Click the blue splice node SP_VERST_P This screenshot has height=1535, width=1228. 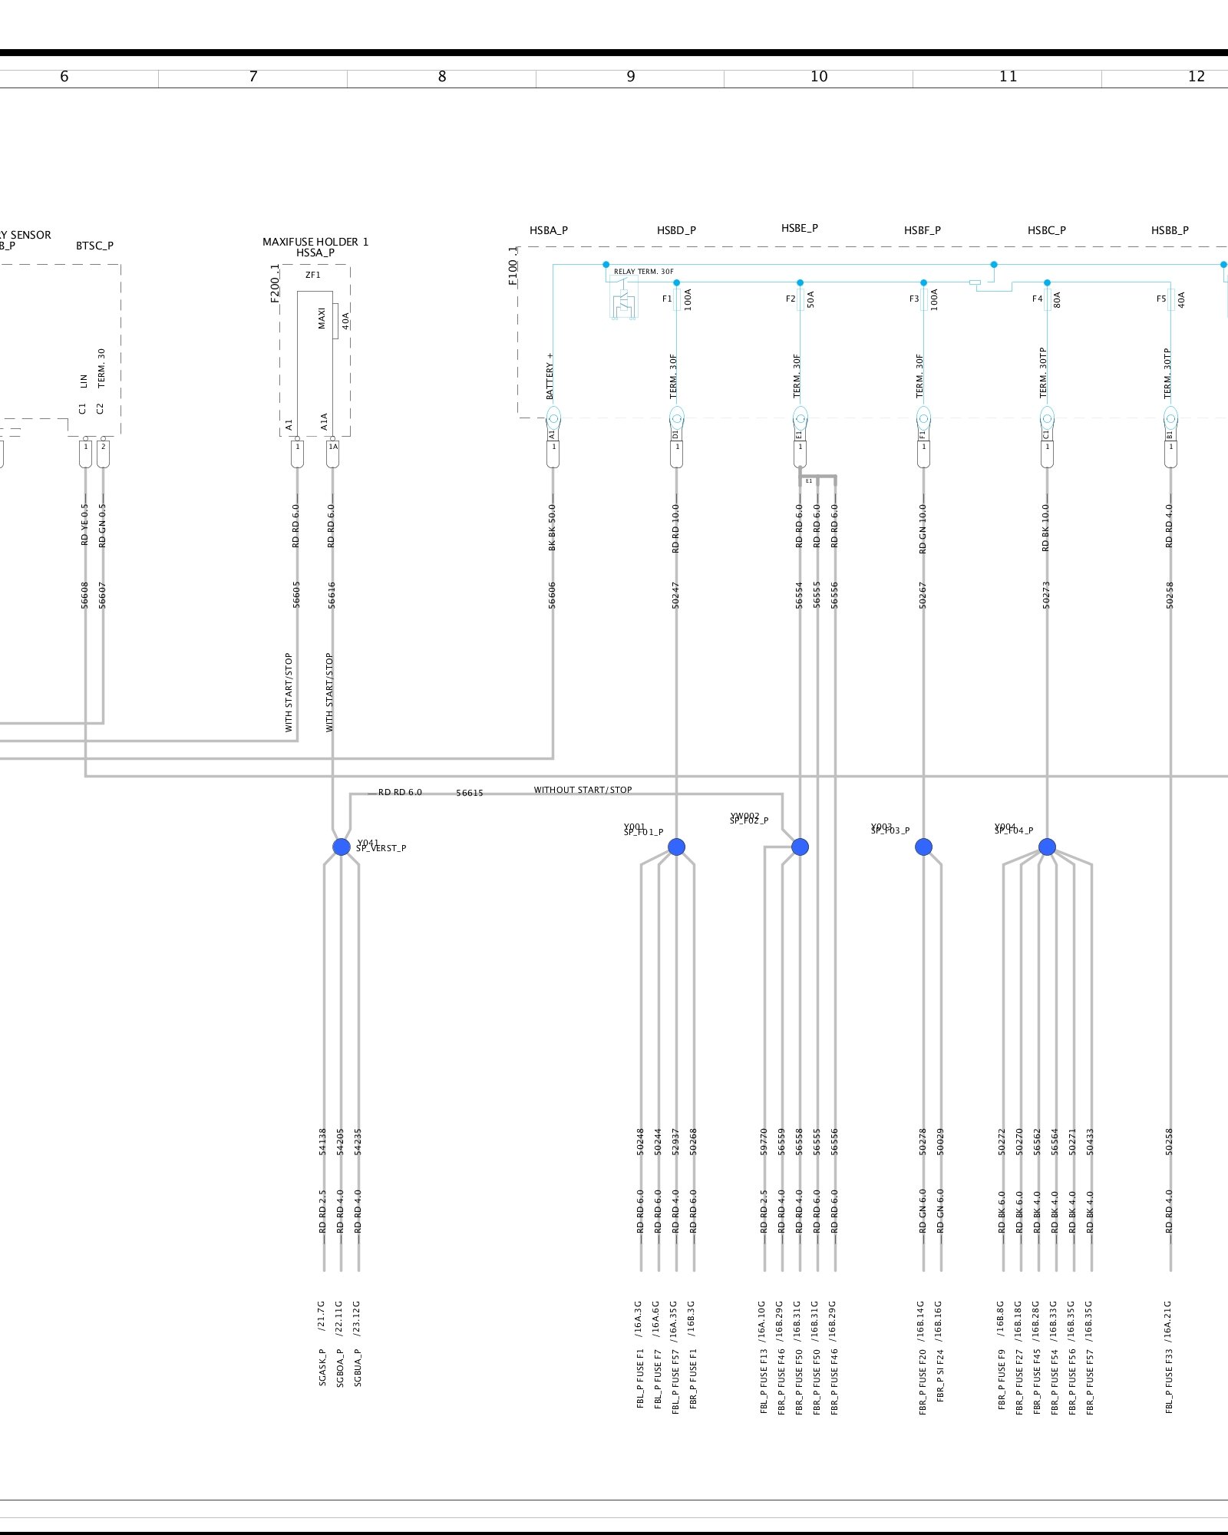pyautogui.click(x=342, y=847)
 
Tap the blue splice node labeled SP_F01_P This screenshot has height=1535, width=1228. pyautogui.click(x=676, y=847)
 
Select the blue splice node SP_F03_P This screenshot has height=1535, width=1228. pyautogui.click(x=923, y=847)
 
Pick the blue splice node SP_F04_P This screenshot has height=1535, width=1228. pyautogui.click(x=1047, y=847)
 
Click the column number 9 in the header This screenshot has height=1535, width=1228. pyautogui.click(x=631, y=76)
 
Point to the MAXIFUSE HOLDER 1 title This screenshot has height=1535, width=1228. pyautogui.click(x=315, y=242)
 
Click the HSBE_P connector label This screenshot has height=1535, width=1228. pyautogui.click(x=800, y=228)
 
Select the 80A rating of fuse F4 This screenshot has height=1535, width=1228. pyautogui.click(x=1058, y=300)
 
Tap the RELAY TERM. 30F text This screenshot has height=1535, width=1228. pyautogui.click(x=643, y=272)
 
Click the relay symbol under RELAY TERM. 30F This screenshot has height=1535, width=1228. pyautogui.click(x=623, y=301)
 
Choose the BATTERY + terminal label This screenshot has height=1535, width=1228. pyautogui.click(x=550, y=376)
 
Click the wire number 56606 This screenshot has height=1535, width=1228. pyautogui.click(x=553, y=596)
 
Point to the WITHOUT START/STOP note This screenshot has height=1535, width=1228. pyautogui.click(x=583, y=790)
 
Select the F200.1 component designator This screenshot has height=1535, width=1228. pyautogui.click(x=275, y=284)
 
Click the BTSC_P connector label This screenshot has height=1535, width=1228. pyautogui.click(x=94, y=246)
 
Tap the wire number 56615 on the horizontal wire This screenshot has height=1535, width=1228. pyautogui.click(x=470, y=793)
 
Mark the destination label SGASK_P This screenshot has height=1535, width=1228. pyautogui.click(x=323, y=1367)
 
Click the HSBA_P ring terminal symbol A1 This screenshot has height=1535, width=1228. pyautogui.click(x=553, y=419)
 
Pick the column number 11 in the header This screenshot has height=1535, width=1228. pyautogui.click(x=1008, y=76)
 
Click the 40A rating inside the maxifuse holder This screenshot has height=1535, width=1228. pyautogui.click(x=346, y=321)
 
